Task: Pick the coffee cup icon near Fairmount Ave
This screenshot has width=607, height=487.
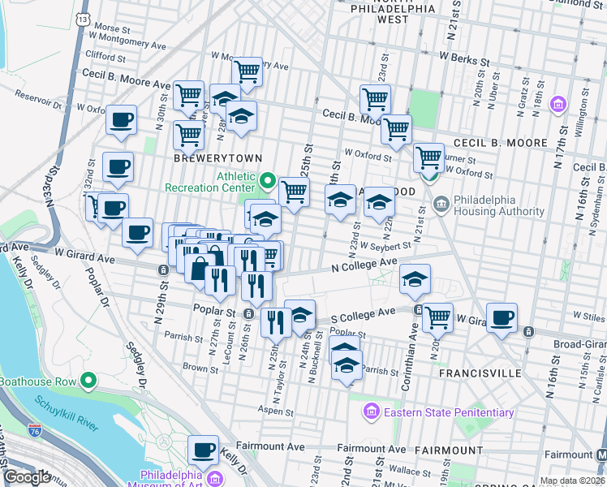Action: tap(203, 448)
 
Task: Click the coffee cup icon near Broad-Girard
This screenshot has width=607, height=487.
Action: tap(502, 317)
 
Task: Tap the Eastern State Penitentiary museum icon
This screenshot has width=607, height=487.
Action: tap(372, 412)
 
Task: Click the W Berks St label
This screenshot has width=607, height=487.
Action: tap(464, 59)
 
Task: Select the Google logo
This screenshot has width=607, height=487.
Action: tap(27, 477)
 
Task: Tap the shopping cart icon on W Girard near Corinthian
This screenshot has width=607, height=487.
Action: tap(437, 317)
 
